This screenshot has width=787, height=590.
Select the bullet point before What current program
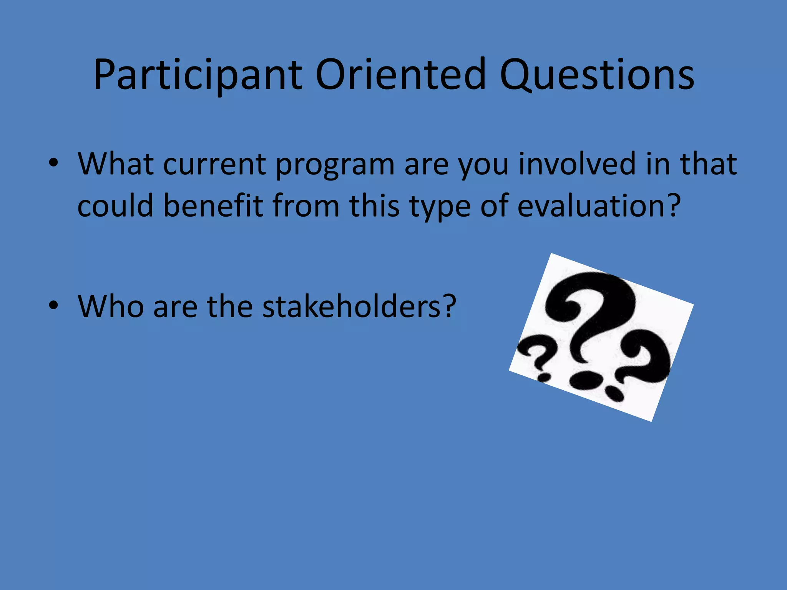click(x=53, y=163)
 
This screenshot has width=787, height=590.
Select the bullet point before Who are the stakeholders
click(x=53, y=305)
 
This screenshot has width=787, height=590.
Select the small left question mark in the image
click(x=538, y=353)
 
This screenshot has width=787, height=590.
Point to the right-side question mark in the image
click(x=646, y=357)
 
